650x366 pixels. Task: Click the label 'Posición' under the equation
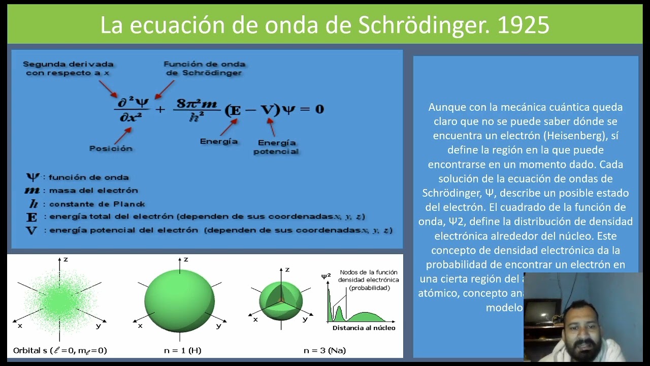[x=111, y=148]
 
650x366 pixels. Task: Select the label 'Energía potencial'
[x=276, y=147]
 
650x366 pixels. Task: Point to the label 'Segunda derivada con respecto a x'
[x=68, y=69]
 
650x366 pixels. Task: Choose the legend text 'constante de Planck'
[x=97, y=204]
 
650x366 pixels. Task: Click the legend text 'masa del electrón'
[x=93, y=191]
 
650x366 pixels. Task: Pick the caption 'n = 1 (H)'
[x=182, y=350]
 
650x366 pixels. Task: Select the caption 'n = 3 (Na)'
[x=324, y=350]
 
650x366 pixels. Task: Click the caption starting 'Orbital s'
[x=60, y=350]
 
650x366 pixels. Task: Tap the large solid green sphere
[x=179, y=300]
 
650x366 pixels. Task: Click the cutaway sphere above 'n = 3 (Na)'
[x=281, y=300]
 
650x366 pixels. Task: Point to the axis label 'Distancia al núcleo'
[x=364, y=328]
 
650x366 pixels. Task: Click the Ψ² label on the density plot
[x=326, y=277]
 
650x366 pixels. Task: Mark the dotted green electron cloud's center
[x=60, y=300]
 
